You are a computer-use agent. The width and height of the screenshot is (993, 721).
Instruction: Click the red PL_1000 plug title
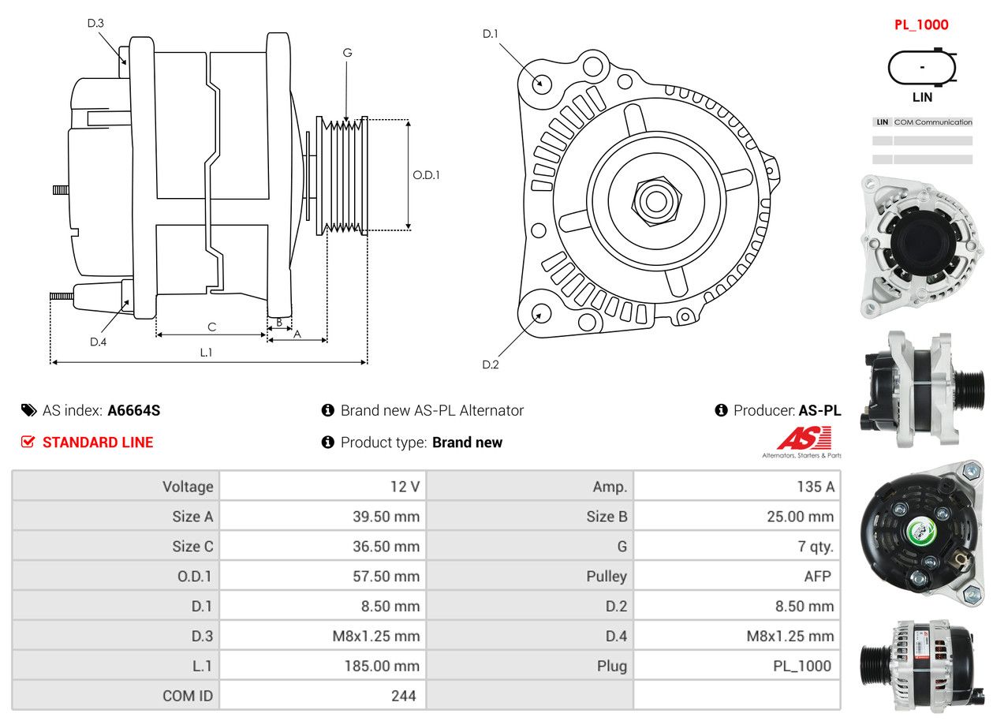[921, 24]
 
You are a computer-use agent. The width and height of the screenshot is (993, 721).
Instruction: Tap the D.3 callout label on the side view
[95, 23]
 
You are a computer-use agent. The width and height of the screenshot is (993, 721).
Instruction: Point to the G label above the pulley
[347, 53]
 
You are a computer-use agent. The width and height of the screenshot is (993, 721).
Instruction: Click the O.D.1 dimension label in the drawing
[426, 175]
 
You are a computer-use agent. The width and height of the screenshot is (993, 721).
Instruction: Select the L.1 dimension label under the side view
[205, 353]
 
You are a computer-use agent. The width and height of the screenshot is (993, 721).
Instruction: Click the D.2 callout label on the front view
[491, 364]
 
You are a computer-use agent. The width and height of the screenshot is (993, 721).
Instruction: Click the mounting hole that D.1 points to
[541, 83]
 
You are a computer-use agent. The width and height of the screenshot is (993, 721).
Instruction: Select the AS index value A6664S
[134, 410]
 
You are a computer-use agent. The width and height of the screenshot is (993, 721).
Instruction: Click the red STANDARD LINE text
[98, 443]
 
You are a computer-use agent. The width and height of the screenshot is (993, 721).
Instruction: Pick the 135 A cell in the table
[815, 487]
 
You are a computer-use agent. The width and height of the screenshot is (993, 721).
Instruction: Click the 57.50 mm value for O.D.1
[386, 577]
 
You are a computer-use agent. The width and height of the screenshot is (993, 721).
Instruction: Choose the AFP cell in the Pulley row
[817, 577]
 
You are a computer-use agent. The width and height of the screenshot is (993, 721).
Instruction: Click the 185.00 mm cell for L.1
[382, 667]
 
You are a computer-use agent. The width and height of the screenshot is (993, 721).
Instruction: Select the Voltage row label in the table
[188, 487]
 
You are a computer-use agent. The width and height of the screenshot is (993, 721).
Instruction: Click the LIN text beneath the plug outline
[922, 97]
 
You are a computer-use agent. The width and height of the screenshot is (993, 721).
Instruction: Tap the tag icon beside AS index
[28, 410]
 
